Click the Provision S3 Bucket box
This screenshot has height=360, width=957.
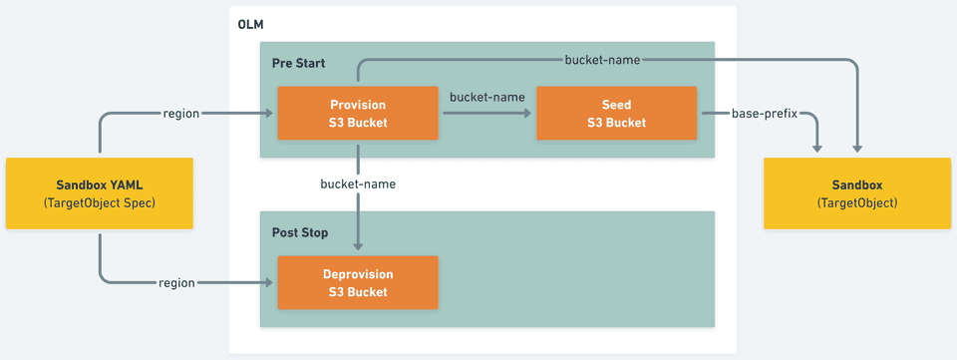tap(357, 113)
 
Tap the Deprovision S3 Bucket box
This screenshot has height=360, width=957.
tap(357, 283)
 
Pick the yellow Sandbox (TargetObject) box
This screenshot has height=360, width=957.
tap(857, 193)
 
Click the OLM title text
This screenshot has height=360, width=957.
tap(249, 24)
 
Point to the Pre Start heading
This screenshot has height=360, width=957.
tap(299, 64)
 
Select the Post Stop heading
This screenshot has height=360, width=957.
tap(300, 232)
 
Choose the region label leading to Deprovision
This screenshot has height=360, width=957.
tap(176, 283)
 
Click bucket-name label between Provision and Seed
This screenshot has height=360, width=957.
tap(486, 97)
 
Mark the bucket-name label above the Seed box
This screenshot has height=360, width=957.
tap(602, 60)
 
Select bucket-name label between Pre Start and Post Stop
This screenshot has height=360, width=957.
tap(357, 184)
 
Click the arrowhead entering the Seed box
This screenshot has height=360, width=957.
tap(530, 113)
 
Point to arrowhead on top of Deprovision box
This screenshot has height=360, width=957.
tap(357, 250)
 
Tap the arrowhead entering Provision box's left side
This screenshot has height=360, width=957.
tap(270, 113)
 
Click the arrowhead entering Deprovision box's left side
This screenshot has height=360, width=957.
tap(270, 283)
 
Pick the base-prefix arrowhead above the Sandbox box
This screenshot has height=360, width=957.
tap(817, 149)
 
